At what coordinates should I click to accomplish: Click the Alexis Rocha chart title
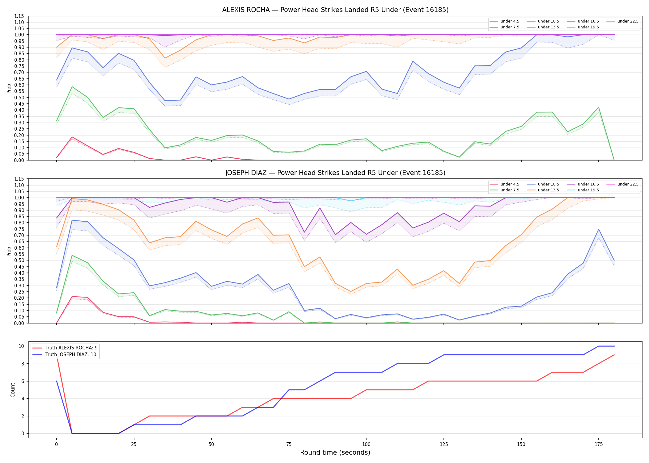point(335,10)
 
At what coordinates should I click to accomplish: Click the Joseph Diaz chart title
point(335,173)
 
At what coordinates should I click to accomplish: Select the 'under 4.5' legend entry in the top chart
point(505,21)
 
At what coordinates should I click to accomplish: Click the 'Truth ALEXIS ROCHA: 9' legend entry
point(65,348)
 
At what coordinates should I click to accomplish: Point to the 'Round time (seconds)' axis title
point(335,453)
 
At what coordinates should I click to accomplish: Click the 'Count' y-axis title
point(13,390)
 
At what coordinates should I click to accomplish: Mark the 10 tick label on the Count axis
point(21,346)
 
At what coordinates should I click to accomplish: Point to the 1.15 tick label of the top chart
point(19,16)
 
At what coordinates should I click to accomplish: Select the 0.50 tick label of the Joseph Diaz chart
point(19,261)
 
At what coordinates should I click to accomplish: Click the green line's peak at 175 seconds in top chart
point(599,107)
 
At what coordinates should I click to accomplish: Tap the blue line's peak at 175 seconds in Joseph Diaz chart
point(599,229)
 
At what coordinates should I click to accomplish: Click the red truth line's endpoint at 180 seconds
point(614,355)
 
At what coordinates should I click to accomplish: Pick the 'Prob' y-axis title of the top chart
point(9,88)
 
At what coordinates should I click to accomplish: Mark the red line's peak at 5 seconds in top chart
point(72,137)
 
